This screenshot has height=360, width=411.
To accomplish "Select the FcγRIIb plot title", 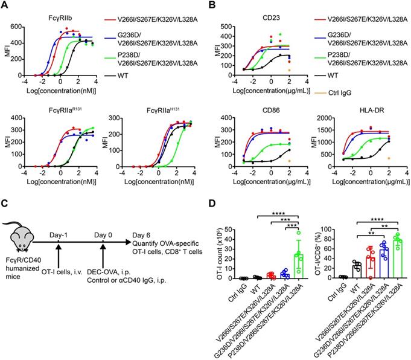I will [63, 20].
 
